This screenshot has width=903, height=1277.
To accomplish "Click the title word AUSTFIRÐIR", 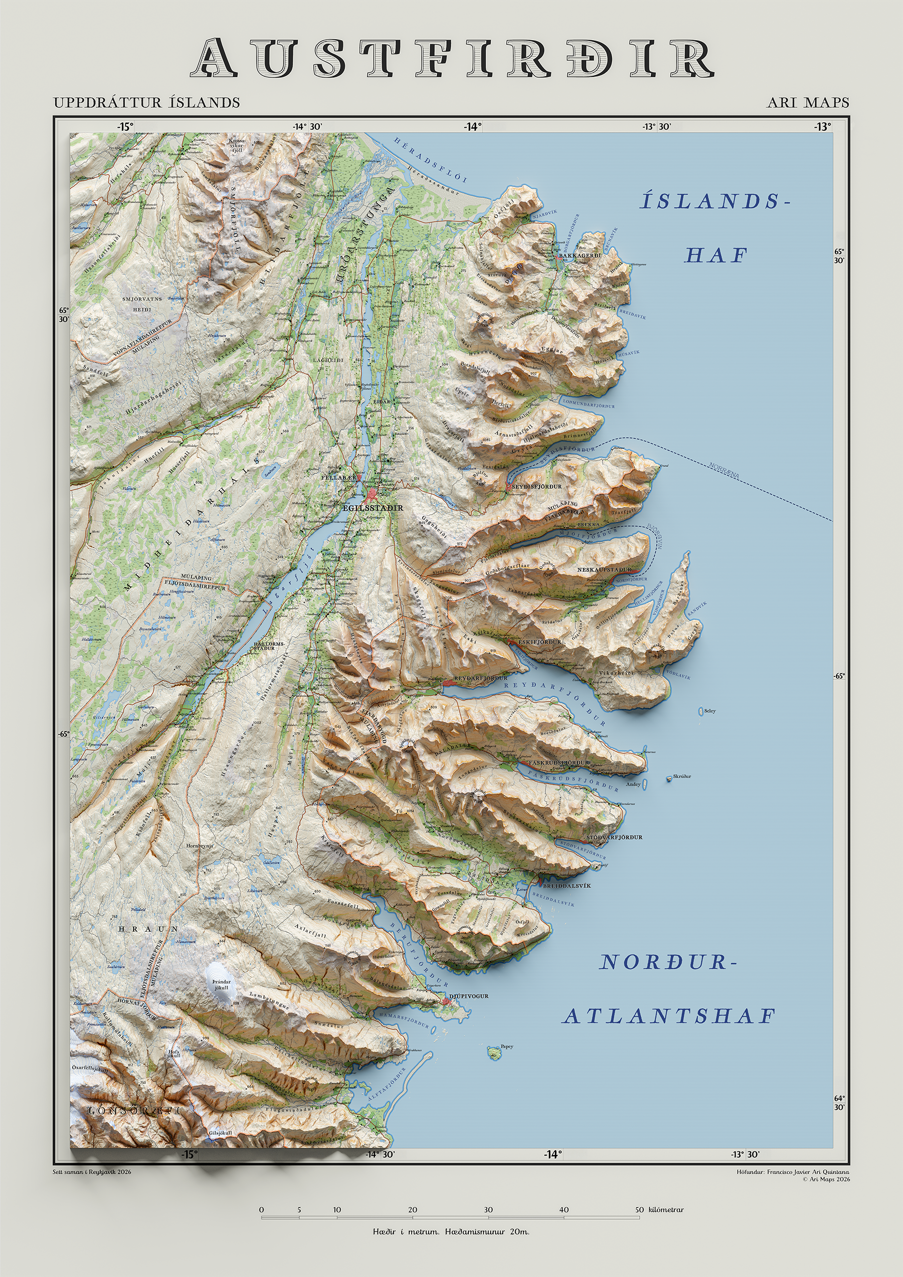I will tap(452, 58).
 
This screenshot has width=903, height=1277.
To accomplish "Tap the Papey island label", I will tap(507, 1046).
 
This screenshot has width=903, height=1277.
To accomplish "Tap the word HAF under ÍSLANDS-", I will tap(715, 255).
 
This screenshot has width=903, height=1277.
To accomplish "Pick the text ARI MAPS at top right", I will tap(807, 102).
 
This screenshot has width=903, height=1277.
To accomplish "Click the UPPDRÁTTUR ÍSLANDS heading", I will tap(147, 102).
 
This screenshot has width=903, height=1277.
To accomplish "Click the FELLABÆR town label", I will tap(338, 477).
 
